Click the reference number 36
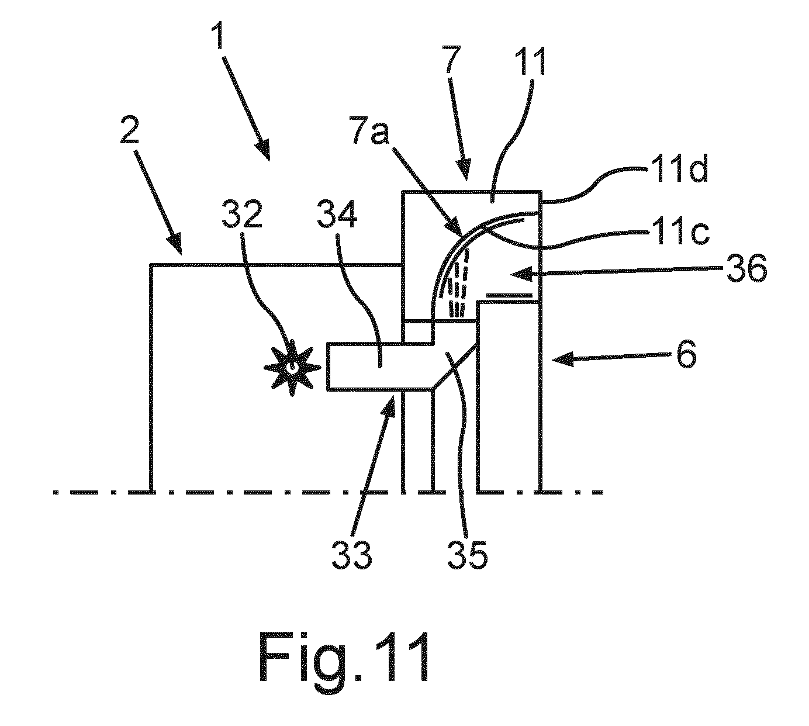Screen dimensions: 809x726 (746, 268)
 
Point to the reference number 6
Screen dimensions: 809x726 (685, 354)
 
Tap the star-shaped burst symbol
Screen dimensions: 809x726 (292, 368)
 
